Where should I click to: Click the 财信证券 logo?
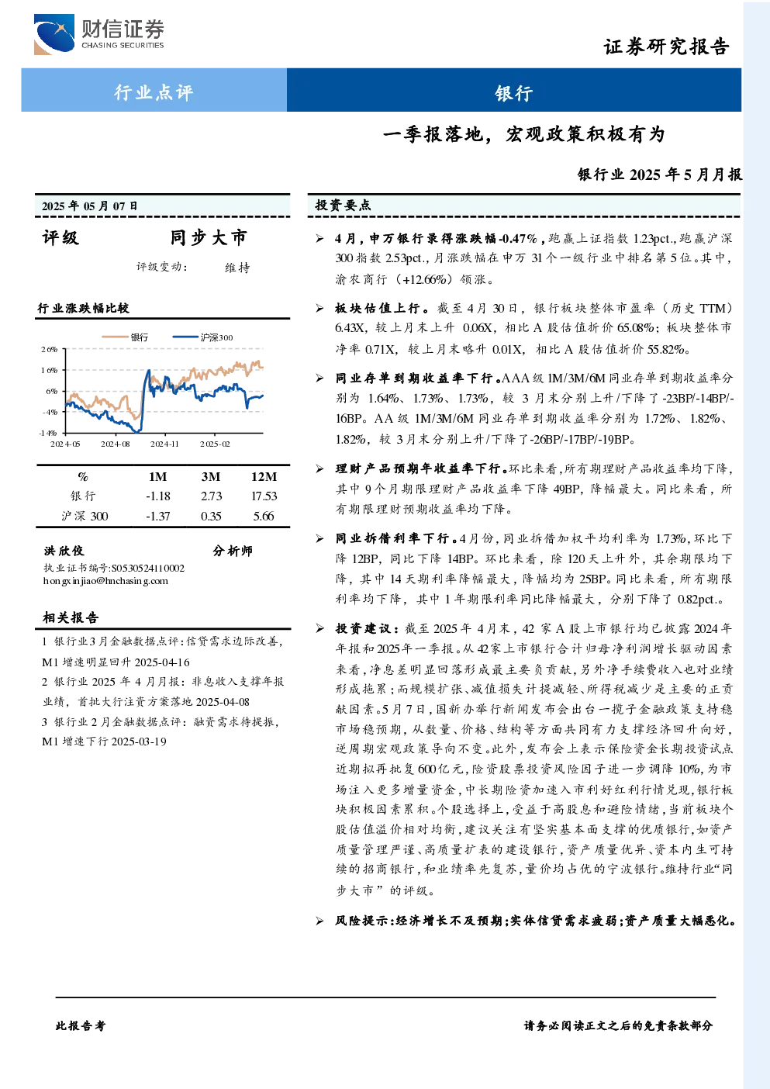point(98,34)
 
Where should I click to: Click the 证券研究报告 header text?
point(666,47)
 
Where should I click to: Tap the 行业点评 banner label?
point(154,92)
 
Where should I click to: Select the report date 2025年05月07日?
point(89,206)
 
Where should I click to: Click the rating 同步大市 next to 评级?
point(209,237)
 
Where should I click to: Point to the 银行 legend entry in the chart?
point(125,337)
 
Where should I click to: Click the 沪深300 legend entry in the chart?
point(202,337)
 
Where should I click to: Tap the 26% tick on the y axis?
point(49,350)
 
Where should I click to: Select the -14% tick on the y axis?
point(48,433)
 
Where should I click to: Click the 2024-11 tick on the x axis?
point(164,444)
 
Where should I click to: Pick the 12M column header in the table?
point(264,476)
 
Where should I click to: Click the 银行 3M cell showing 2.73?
point(211,496)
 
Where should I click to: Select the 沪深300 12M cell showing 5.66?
point(264,516)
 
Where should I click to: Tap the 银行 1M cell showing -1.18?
point(158,496)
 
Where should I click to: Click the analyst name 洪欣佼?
point(64,551)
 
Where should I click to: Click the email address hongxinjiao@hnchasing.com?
point(105,581)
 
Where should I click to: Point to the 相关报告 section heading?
point(71,617)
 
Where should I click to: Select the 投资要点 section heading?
point(343,206)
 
